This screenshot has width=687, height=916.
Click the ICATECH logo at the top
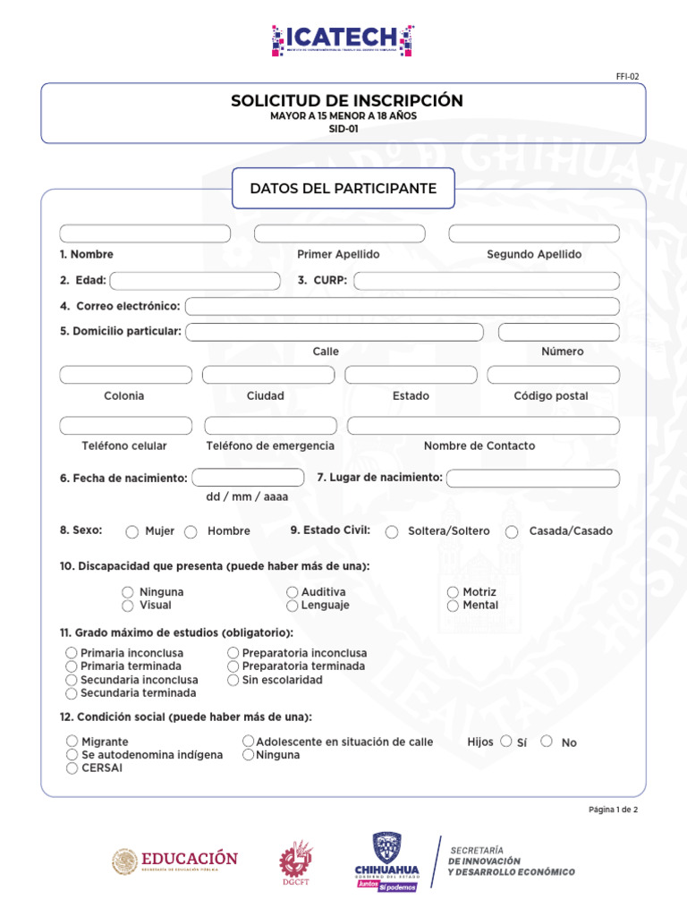(x=343, y=40)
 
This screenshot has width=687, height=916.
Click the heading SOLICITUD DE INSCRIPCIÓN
(x=347, y=101)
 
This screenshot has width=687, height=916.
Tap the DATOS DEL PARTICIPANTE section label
(x=343, y=189)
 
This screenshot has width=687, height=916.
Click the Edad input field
(x=194, y=281)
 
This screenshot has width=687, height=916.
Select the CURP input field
(x=487, y=281)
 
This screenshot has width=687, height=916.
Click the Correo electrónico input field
(x=402, y=307)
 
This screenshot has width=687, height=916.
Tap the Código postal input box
(x=553, y=375)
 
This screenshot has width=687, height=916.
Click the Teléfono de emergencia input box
(x=270, y=426)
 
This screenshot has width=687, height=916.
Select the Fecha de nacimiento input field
(x=248, y=478)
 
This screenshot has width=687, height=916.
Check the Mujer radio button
(x=132, y=532)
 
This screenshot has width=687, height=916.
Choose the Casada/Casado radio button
(x=512, y=532)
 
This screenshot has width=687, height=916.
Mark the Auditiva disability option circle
(x=293, y=592)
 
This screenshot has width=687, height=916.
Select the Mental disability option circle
(x=454, y=606)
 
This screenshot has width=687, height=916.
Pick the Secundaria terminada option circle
(x=72, y=693)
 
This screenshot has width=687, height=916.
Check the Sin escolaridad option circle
(x=233, y=680)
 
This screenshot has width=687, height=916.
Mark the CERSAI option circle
(x=72, y=768)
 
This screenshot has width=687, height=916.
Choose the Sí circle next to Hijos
(x=506, y=742)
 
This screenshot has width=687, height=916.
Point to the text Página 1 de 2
(x=613, y=810)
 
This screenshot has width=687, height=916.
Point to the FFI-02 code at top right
(x=627, y=77)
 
